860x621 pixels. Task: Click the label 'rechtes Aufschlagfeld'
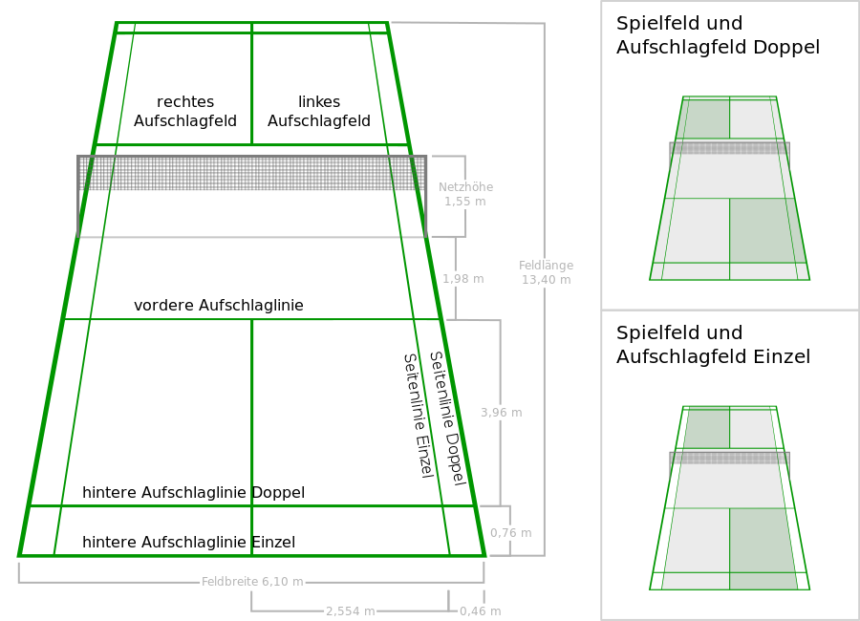click(185, 112)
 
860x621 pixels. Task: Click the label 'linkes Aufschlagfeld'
click(319, 112)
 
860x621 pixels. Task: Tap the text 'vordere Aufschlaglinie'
click(219, 306)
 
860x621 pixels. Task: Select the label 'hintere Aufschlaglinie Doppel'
click(193, 493)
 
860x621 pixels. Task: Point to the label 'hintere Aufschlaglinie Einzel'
click(188, 543)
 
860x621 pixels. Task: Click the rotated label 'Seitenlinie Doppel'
click(446, 418)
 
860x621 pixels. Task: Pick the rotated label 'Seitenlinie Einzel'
click(418, 415)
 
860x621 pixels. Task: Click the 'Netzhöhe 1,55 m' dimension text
click(465, 195)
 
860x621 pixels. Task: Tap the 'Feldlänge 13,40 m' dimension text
click(546, 272)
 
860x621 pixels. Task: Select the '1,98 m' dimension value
click(462, 279)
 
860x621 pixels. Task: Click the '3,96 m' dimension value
click(501, 413)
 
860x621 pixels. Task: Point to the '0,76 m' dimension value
click(510, 533)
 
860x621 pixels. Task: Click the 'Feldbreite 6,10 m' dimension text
click(252, 582)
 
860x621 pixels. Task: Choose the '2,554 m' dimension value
click(350, 611)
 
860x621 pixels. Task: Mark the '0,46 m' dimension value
click(480, 611)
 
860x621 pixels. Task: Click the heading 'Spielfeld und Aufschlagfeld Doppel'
click(718, 35)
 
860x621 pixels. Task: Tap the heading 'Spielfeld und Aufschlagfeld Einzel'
click(713, 345)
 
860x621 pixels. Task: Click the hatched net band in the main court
click(251, 173)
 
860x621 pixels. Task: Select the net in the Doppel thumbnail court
click(729, 148)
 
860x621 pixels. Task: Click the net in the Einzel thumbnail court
click(729, 458)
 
